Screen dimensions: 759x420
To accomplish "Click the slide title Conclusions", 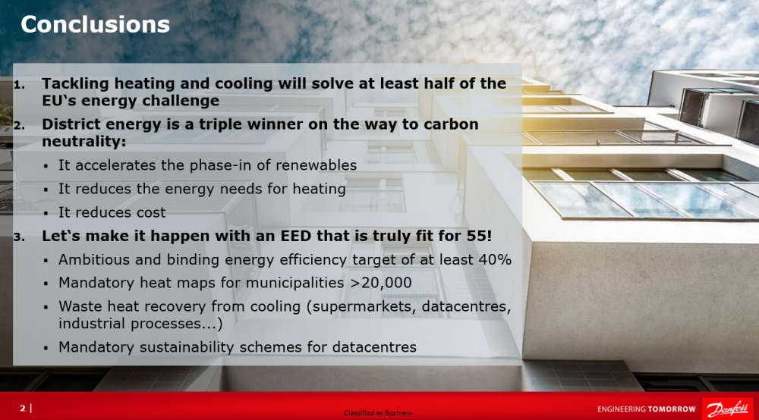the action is [95, 25].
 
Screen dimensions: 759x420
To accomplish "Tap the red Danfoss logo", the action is [728, 409].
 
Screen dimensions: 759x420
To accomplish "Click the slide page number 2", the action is [22, 409].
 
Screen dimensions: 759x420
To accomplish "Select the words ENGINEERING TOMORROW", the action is [646, 409].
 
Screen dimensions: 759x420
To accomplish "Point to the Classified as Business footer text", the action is [378, 413].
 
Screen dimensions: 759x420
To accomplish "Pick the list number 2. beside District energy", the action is [20, 126].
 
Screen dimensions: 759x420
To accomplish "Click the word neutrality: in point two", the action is [83, 142].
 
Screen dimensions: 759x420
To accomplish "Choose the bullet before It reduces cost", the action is [46, 213].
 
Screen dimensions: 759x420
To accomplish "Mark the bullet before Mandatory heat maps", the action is [46, 284].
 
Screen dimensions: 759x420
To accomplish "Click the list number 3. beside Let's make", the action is [20, 237].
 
